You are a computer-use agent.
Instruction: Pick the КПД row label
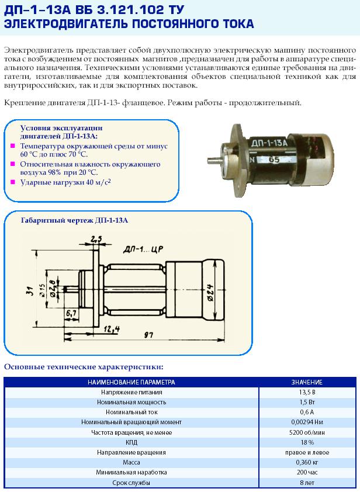pos(131,442)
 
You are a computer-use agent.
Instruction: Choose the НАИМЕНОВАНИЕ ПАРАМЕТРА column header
pos(131,382)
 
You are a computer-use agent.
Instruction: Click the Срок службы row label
pos(131,483)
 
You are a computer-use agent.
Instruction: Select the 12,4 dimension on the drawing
pos(112,330)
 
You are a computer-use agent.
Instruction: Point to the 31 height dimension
pos(30,290)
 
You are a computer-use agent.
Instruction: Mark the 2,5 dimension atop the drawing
pos(96,238)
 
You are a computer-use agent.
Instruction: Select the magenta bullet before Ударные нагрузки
pos(13,182)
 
